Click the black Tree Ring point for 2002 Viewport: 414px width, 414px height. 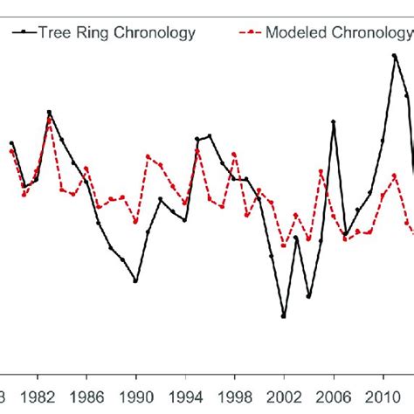(x=284, y=316)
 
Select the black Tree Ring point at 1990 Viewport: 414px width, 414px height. (x=136, y=280)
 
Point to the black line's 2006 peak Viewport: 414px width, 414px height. (x=334, y=122)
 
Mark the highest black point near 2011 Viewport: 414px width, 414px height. (x=395, y=56)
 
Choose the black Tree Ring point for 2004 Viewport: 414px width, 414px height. (x=308, y=296)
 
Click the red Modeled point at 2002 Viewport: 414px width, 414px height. (x=284, y=245)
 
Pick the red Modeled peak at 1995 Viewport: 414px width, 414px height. (x=198, y=149)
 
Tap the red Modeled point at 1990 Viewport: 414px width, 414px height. (x=136, y=222)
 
